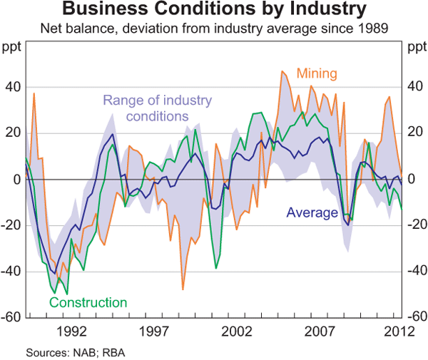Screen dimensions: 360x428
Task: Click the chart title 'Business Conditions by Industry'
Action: [x=214, y=11]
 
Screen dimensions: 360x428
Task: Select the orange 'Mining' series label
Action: [x=316, y=74]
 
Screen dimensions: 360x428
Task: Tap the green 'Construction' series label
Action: [x=88, y=302]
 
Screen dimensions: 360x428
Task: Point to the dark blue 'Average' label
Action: [x=312, y=212]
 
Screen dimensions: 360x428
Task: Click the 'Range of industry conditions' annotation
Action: [x=158, y=108]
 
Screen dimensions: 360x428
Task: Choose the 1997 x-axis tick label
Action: [x=155, y=331]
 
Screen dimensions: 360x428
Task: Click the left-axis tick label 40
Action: [x=14, y=88]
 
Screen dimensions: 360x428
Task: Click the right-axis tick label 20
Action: [x=414, y=133]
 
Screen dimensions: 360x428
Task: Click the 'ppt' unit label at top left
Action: [x=12, y=48]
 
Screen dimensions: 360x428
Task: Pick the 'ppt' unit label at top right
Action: [x=415, y=48]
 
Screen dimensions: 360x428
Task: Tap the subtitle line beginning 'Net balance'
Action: [x=214, y=29]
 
